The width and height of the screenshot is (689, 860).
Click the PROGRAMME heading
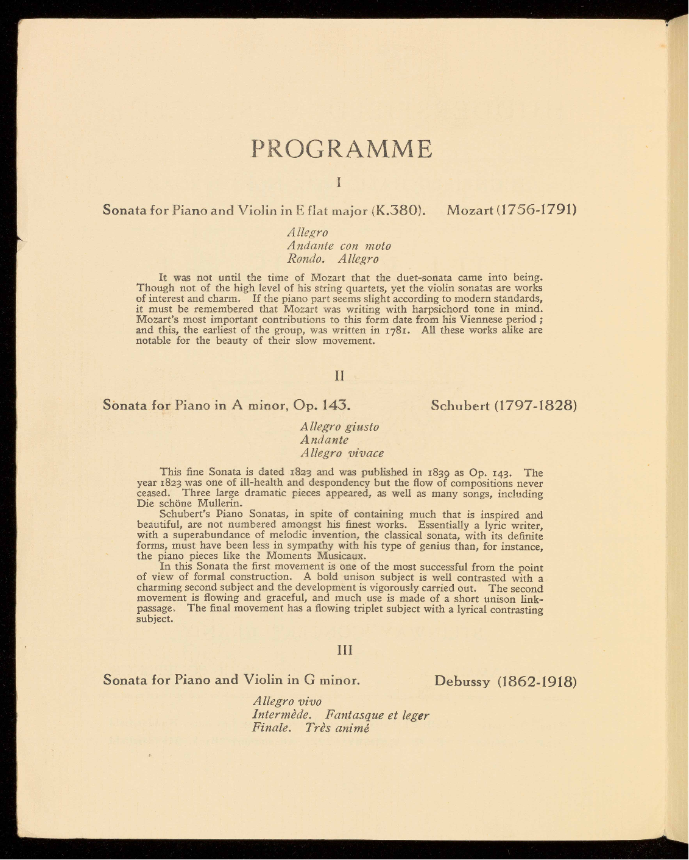pos(342,149)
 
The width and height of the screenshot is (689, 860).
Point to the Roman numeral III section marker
pos(345,650)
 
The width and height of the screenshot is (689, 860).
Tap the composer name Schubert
pos(460,405)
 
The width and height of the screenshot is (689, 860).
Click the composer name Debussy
pos(462,681)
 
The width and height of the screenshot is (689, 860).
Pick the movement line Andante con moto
pos(339,246)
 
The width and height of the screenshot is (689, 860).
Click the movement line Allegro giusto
pos(339,427)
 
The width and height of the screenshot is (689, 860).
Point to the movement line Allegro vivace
pos(342,453)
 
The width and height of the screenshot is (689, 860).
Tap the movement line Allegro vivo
pos(287,701)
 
